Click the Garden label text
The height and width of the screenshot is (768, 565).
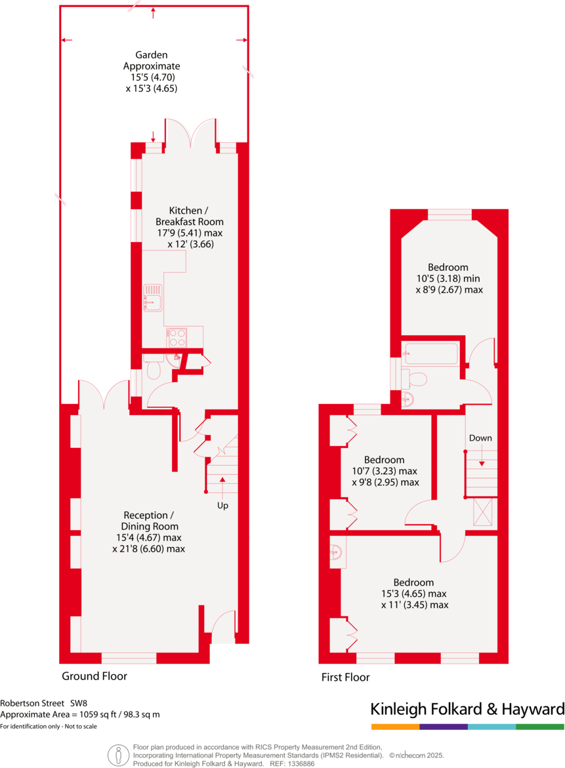coord(152,55)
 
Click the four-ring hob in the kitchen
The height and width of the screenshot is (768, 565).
coord(177,337)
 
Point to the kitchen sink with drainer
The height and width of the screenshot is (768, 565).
coord(153,298)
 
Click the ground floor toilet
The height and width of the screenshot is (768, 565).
coord(154,371)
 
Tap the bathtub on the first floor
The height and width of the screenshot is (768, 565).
coord(430,354)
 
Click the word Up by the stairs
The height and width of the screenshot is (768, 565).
coord(222,506)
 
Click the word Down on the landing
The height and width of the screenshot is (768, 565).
coord(480,438)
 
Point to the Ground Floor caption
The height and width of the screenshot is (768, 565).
coord(94,676)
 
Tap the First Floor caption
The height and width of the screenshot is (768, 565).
coord(345,677)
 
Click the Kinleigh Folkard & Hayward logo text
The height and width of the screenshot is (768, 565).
coord(467,709)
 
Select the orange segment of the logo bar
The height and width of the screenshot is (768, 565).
coord(395,727)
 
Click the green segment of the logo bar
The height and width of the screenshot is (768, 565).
coord(540,727)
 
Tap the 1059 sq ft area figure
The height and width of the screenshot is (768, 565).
coord(96,715)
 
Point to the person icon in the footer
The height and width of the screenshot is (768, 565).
coord(118,754)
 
